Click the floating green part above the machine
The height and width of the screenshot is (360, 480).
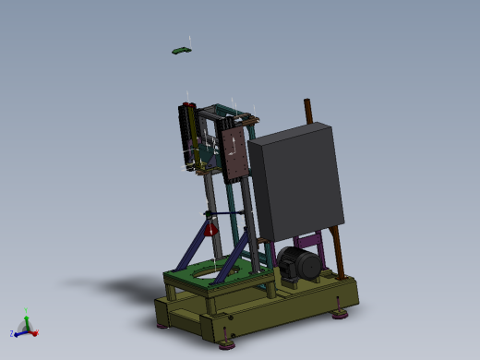(182, 50)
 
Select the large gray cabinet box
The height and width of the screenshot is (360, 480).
(295, 185)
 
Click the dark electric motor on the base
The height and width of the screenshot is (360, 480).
(298, 265)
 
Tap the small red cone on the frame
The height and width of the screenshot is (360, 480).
(210, 228)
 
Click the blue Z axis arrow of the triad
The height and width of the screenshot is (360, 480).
(19, 330)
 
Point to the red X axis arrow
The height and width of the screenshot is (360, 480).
(33, 330)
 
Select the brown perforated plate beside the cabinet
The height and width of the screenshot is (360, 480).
(234, 154)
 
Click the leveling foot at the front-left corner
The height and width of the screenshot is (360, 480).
(164, 322)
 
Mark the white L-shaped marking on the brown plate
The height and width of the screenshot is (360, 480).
(232, 143)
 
